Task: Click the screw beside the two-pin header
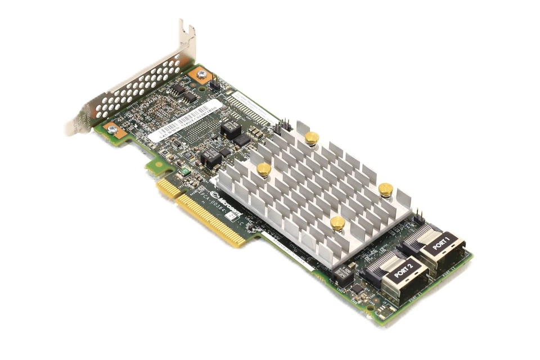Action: (x=201, y=74)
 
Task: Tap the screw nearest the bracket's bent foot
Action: (x=112, y=129)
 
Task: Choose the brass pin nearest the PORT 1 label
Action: (x=385, y=189)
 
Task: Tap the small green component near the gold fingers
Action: (x=183, y=173)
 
